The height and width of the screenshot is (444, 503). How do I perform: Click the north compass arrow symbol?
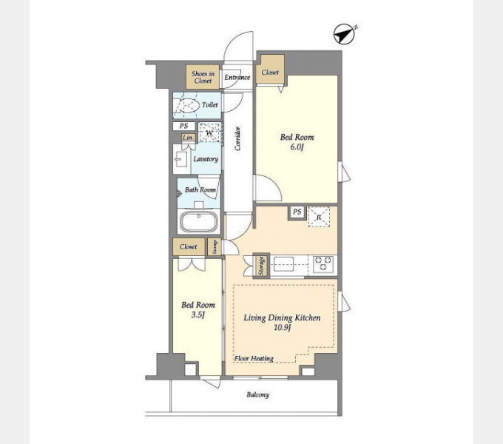point(345,34)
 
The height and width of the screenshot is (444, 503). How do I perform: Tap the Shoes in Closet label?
point(203,77)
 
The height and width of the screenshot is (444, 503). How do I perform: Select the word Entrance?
point(237,77)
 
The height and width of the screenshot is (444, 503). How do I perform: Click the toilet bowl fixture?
point(185,104)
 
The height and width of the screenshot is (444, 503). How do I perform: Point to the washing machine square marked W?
point(210,132)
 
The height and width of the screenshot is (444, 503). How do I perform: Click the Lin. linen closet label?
point(188,138)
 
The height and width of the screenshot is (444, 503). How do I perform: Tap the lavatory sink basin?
point(181,159)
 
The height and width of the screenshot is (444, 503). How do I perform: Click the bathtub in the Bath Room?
point(198,221)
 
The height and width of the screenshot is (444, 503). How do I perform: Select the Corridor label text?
point(237,138)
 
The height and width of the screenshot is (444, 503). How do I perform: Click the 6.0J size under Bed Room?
point(297,147)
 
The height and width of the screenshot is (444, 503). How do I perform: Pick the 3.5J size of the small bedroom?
point(198,315)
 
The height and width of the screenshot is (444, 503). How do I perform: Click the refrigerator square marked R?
point(319,217)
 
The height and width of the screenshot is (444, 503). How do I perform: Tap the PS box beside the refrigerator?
point(297,212)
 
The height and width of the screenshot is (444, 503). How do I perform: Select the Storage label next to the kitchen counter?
point(261,266)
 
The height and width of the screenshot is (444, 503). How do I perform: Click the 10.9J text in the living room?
point(282,328)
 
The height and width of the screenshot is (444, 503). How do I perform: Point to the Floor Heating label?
point(254,358)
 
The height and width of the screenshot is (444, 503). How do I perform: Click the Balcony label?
point(257,394)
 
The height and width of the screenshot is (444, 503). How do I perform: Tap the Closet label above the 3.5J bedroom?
point(189,246)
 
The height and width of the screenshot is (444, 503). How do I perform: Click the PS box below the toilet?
point(183,126)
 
